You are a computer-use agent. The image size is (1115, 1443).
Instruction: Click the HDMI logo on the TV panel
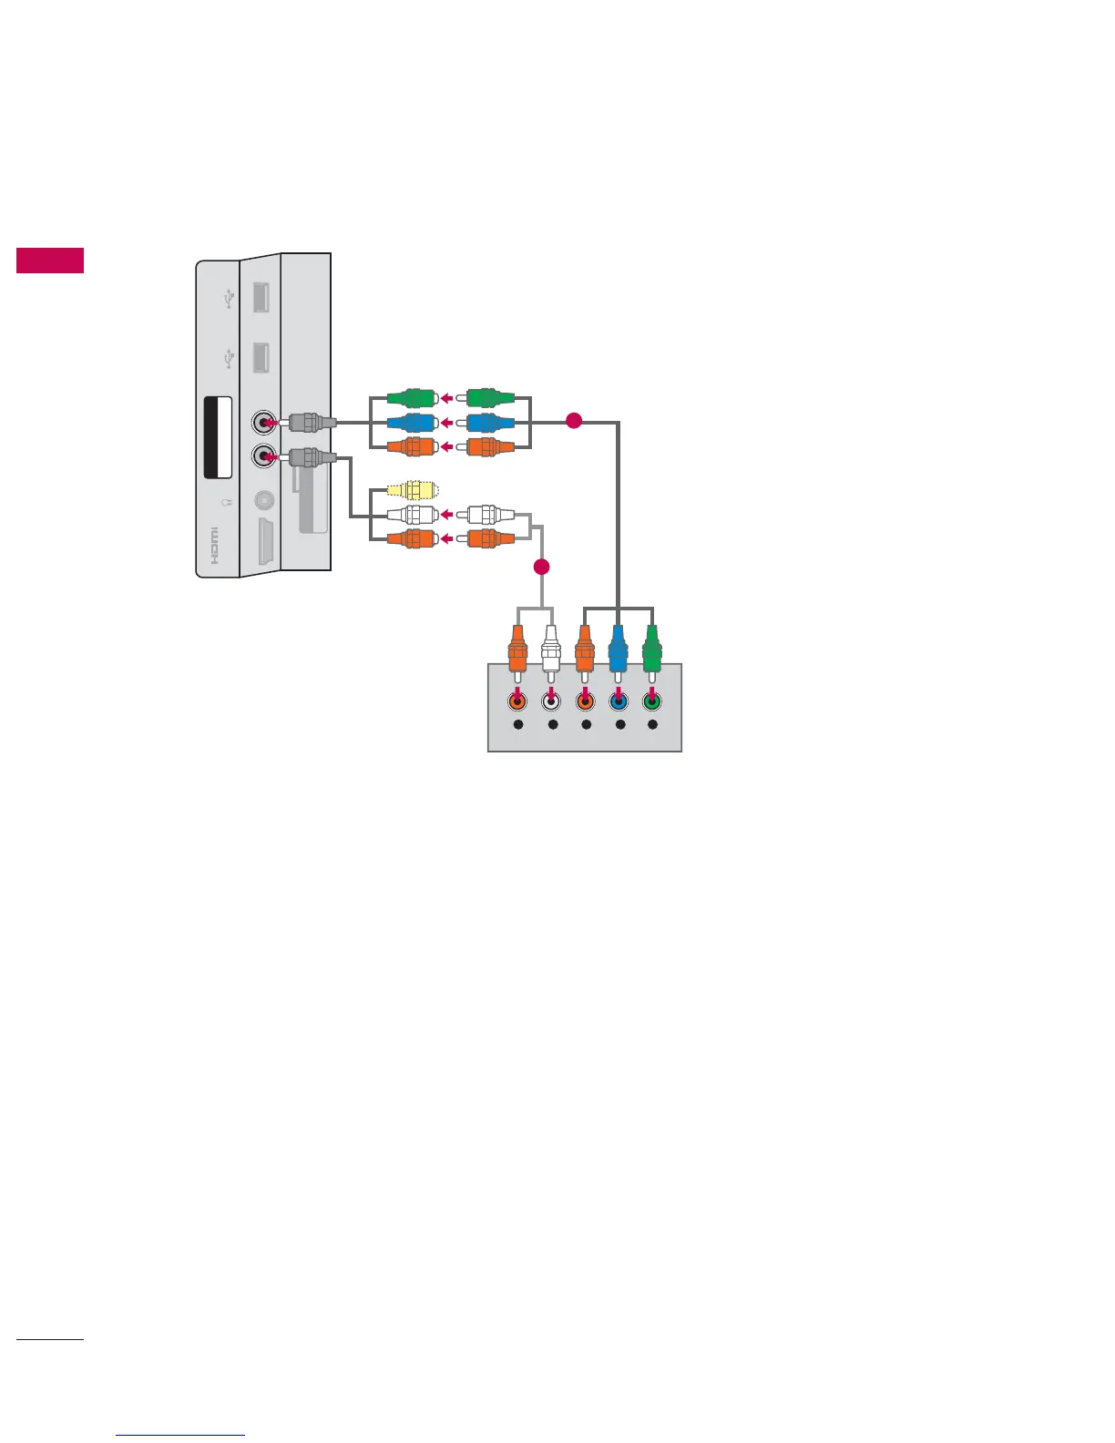(x=215, y=545)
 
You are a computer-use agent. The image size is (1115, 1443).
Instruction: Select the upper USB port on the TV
(x=260, y=298)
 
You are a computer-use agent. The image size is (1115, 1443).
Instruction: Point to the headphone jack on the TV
(x=264, y=500)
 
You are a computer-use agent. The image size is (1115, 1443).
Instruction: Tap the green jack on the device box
(x=651, y=701)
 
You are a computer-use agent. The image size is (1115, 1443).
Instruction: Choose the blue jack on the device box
(x=619, y=701)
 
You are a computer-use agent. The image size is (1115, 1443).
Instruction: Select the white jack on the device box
(x=550, y=701)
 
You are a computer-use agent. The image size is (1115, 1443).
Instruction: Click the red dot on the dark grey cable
(x=573, y=421)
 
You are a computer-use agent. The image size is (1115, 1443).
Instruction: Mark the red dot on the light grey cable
(x=541, y=567)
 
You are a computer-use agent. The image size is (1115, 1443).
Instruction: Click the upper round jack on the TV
(x=265, y=423)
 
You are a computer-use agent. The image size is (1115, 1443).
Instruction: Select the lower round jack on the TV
(x=265, y=455)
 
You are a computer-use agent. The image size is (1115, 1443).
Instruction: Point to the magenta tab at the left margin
(x=50, y=260)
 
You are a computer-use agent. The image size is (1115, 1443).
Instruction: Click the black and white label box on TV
(x=217, y=437)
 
